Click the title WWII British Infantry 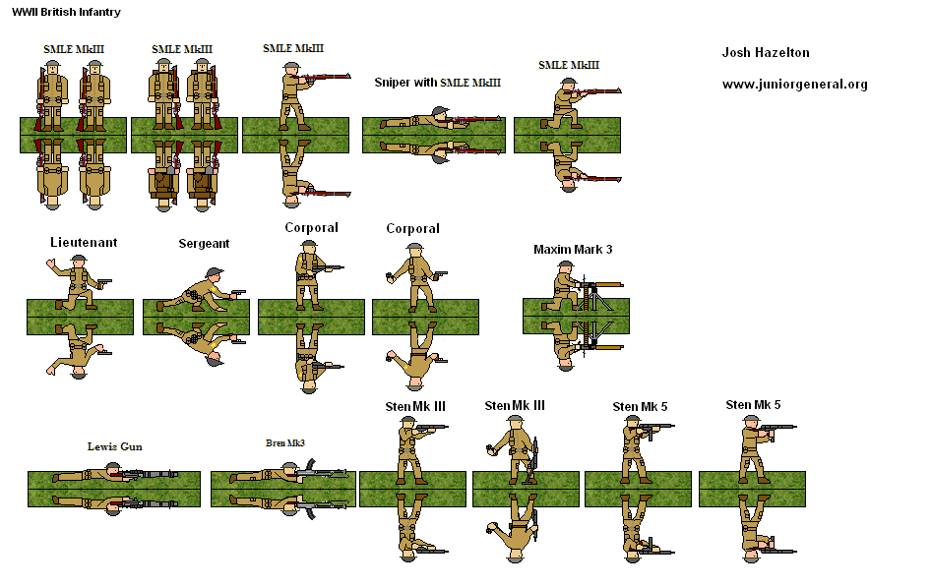[x=66, y=12]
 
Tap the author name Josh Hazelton [x=766, y=52]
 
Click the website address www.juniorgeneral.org [x=794, y=85]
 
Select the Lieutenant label [x=84, y=242]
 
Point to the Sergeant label [x=204, y=244]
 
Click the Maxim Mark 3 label [x=573, y=250]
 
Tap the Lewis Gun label [x=114, y=446]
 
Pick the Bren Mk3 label [x=285, y=442]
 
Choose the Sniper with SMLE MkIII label [x=438, y=83]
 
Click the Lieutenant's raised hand [x=50, y=264]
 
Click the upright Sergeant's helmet [x=214, y=273]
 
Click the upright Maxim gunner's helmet [x=566, y=264]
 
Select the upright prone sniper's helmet [x=440, y=110]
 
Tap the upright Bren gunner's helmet [x=289, y=467]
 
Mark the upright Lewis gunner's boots [x=56, y=477]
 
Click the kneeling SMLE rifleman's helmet [x=566, y=82]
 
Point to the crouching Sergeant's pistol [x=238, y=292]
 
